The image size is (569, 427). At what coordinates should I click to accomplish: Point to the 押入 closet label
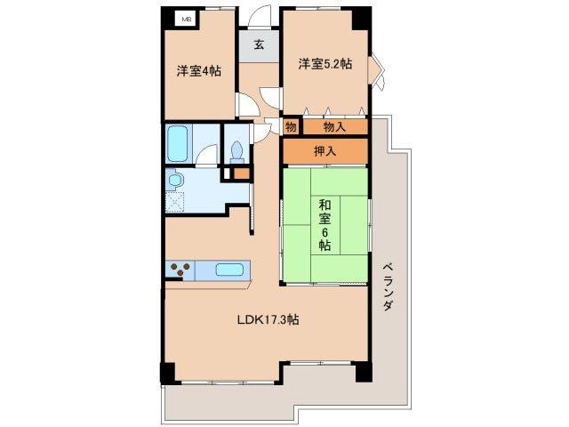tap(325, 151)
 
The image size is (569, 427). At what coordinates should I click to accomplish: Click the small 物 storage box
tap(291, 127)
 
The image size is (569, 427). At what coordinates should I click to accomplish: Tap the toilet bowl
tap(237, 150)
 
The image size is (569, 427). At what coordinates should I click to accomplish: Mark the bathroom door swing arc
tap(205, 158)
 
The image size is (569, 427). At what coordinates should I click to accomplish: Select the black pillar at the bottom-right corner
tap(364, 372)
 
